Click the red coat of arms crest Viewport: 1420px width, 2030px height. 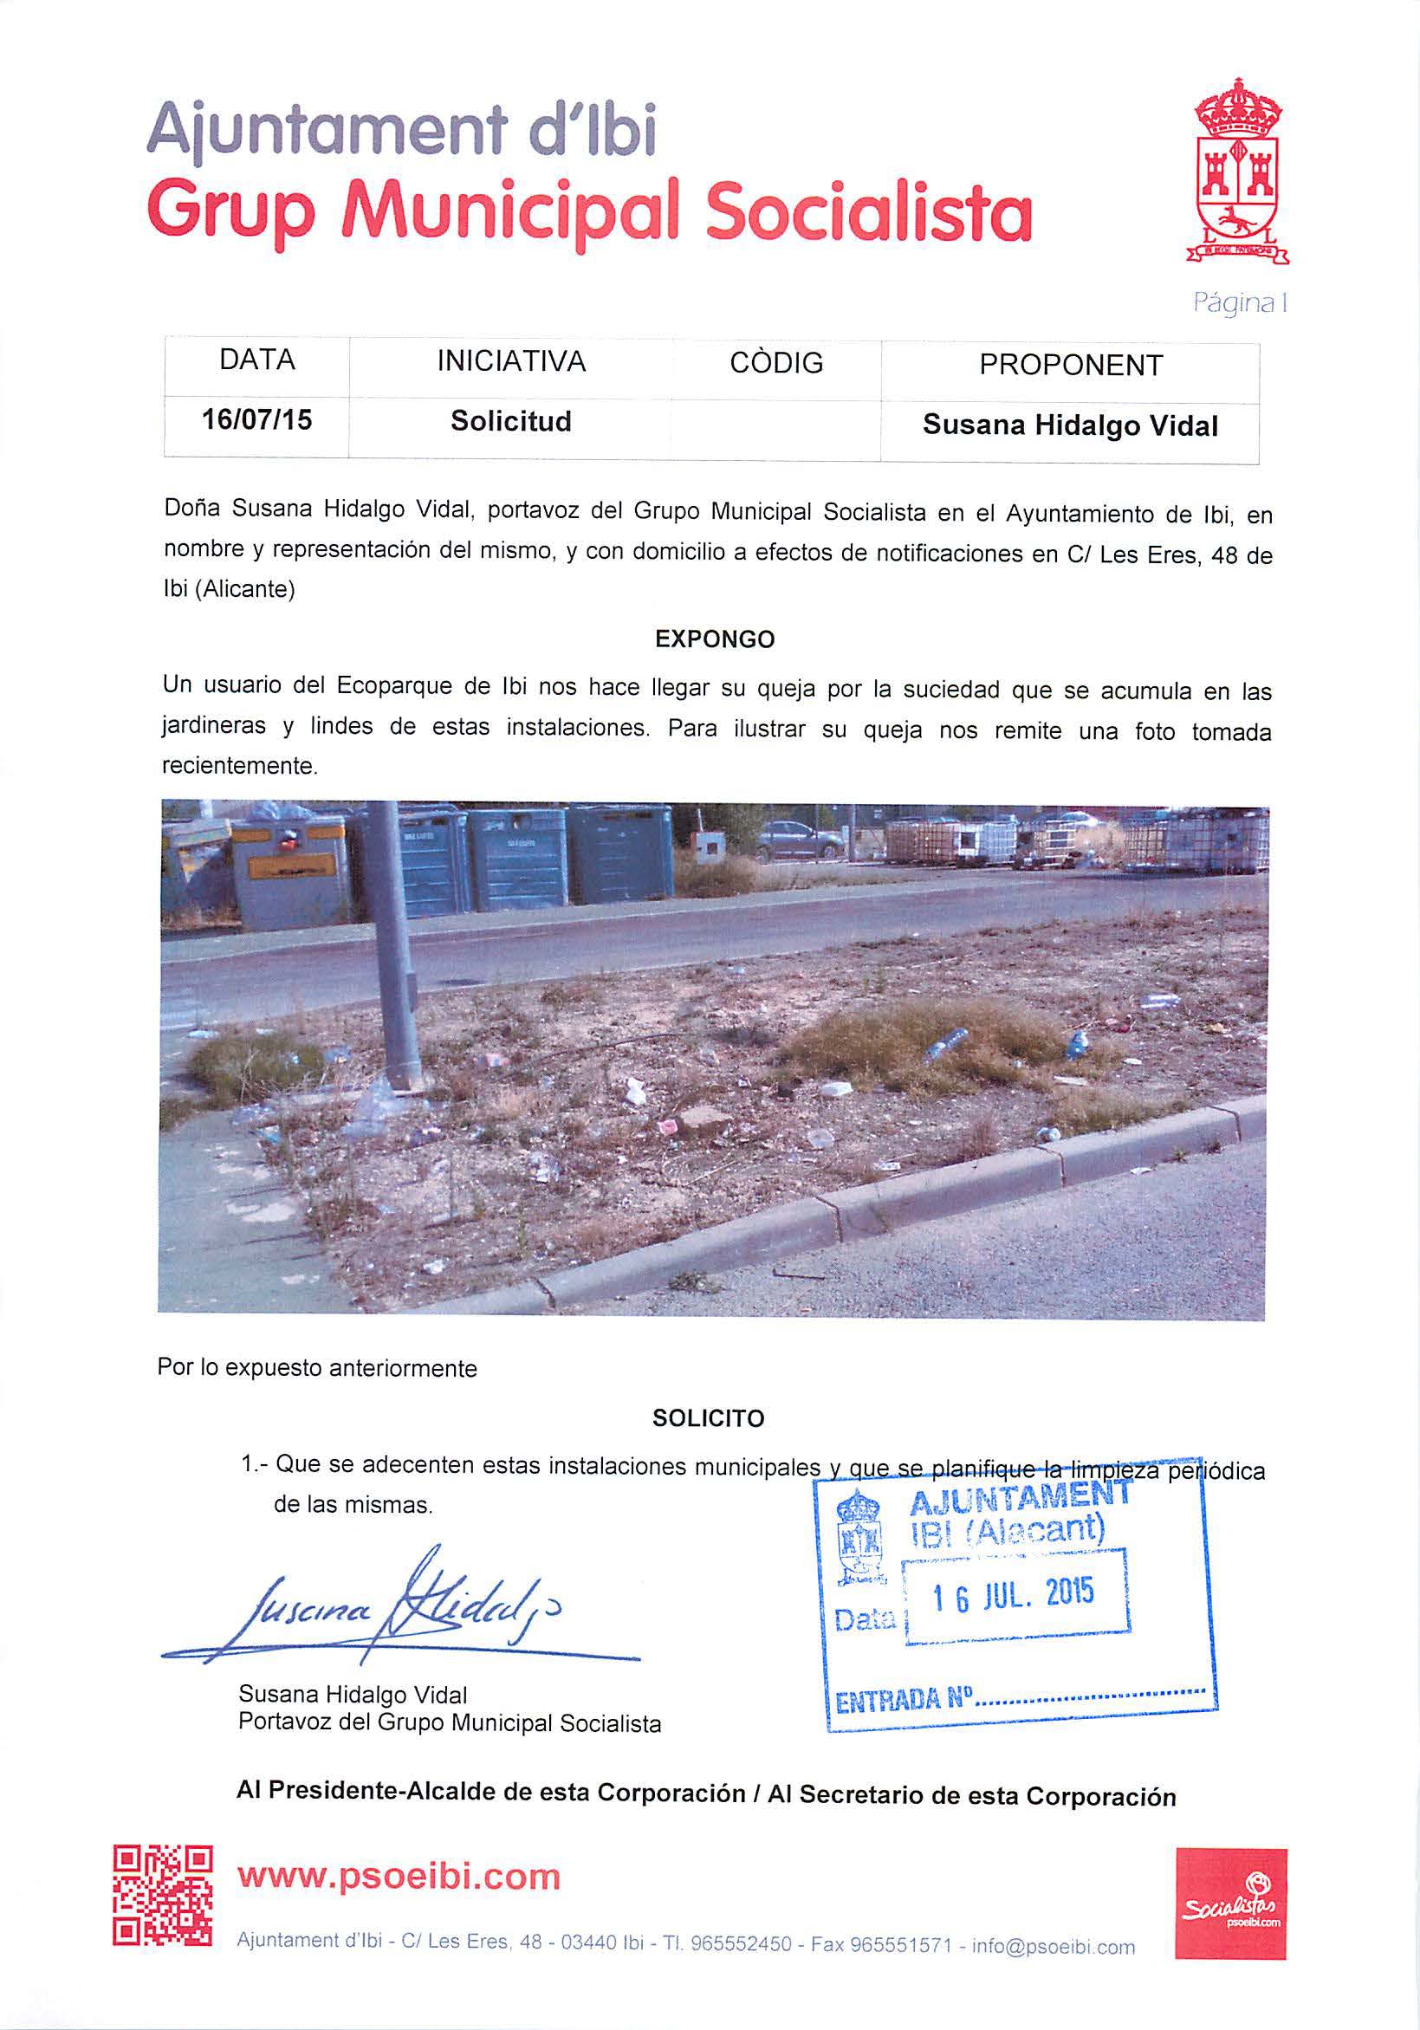tap(1237, 173)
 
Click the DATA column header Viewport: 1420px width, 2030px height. tap(256, 360)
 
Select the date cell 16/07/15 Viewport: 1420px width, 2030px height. tap(256, 419)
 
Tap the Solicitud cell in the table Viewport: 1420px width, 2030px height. tap(510, 422)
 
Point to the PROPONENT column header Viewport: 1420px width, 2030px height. tap(1070, 365)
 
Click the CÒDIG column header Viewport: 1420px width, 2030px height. tap(775, 362)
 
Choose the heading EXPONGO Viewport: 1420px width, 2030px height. tap(715, 639)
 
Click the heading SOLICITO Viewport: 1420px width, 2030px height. tap(708, 1419)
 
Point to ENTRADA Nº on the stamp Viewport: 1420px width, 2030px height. tap(903, 1700)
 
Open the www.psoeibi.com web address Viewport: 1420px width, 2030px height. tap(399, 1875)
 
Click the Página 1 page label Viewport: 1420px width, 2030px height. tap(1239, 302)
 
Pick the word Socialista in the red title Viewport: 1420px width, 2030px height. tap(868, 212)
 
